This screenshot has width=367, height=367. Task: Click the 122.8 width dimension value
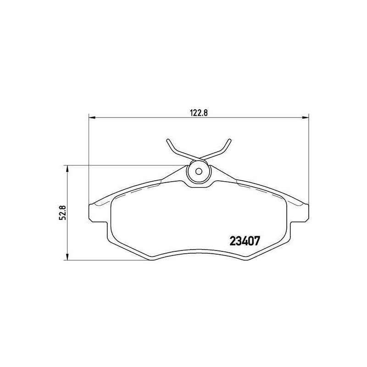click(x=199, y=113)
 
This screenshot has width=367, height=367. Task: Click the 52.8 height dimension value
click(x=62, y=212)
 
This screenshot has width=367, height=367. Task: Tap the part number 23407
click(x=245, y=241)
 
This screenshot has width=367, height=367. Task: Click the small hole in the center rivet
click(x=199, y=172)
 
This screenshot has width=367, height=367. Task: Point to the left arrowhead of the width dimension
click(x=92, y=117)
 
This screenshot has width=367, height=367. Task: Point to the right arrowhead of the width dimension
click(x=306, y=117)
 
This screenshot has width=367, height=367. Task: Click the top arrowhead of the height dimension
click(x=67, y=169)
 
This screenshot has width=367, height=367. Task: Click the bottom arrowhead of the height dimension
click(x=67, y=256)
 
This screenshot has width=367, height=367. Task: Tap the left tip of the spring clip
click(x=168, y=140)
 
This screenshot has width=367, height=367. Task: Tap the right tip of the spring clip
click(x=230, y=140)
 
